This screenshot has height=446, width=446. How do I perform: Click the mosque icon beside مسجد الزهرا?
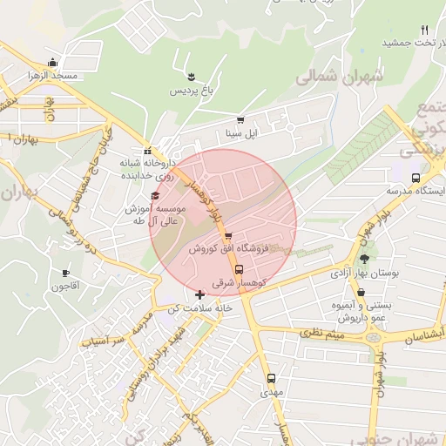(53, 62)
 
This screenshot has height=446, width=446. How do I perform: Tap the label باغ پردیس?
(190, 90)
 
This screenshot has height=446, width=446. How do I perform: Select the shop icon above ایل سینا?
(240, 120)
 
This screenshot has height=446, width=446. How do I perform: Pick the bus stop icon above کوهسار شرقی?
(240, 269)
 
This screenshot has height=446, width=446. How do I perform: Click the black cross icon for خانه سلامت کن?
(200, 295)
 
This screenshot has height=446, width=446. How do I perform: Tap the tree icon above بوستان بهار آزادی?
(364, 259)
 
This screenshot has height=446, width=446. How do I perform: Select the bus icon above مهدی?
(271, 379)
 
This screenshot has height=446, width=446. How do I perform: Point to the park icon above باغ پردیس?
(179, 77)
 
